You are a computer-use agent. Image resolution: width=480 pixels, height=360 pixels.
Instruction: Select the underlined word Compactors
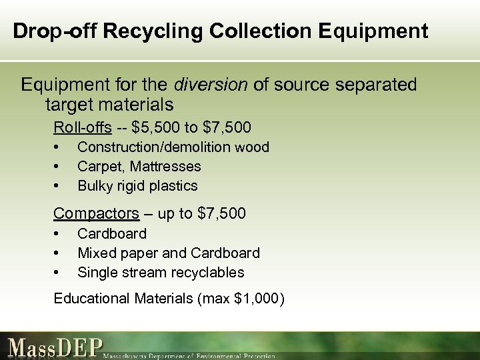[x=96, y=214]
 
